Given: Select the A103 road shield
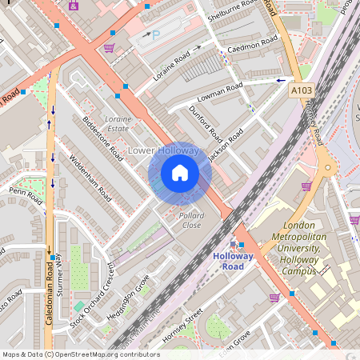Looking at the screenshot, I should coord(302,92).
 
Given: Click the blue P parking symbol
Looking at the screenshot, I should coord(156,35).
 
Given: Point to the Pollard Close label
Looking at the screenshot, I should coord(191,221).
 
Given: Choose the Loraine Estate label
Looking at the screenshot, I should coord(118,122).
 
